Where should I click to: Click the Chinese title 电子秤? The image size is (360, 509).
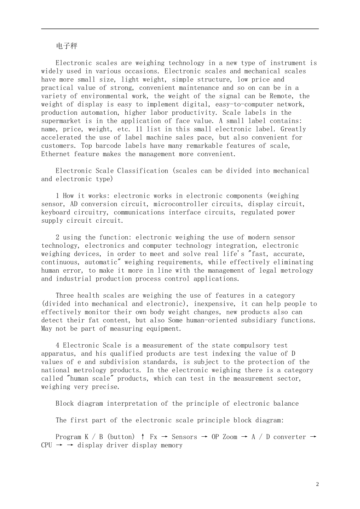click(x=66, y=46)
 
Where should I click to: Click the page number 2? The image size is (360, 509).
click(x=317, y=484)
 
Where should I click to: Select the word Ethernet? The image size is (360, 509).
click(x=56, y=154)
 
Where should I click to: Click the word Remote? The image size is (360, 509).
click(x=281, y=96)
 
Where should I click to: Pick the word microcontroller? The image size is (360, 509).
click(x=177, y=204)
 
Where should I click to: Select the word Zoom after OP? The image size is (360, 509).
click(x=230, y=437)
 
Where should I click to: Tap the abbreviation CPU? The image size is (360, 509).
click(x=47, y=445)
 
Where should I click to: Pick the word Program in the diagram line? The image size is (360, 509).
click(x=69, y=437)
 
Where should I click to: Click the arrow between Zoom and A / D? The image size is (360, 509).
click(x=244, y=437)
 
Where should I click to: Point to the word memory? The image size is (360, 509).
click(x=172, y=445)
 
